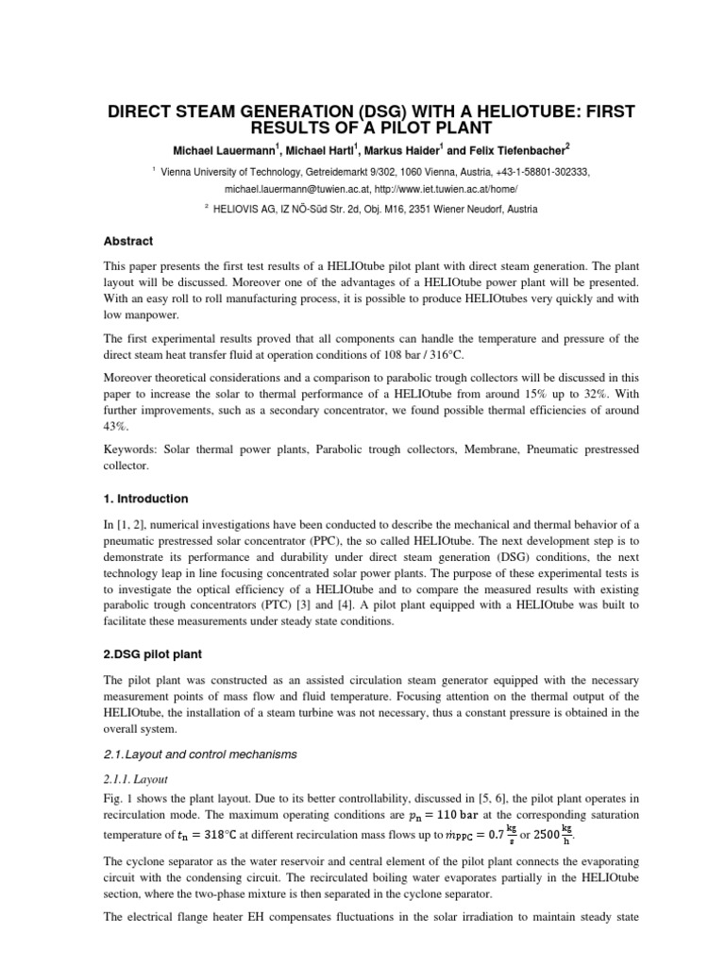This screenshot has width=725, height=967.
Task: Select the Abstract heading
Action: [130, 241]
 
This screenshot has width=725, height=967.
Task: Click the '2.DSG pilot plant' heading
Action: [154, 653]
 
